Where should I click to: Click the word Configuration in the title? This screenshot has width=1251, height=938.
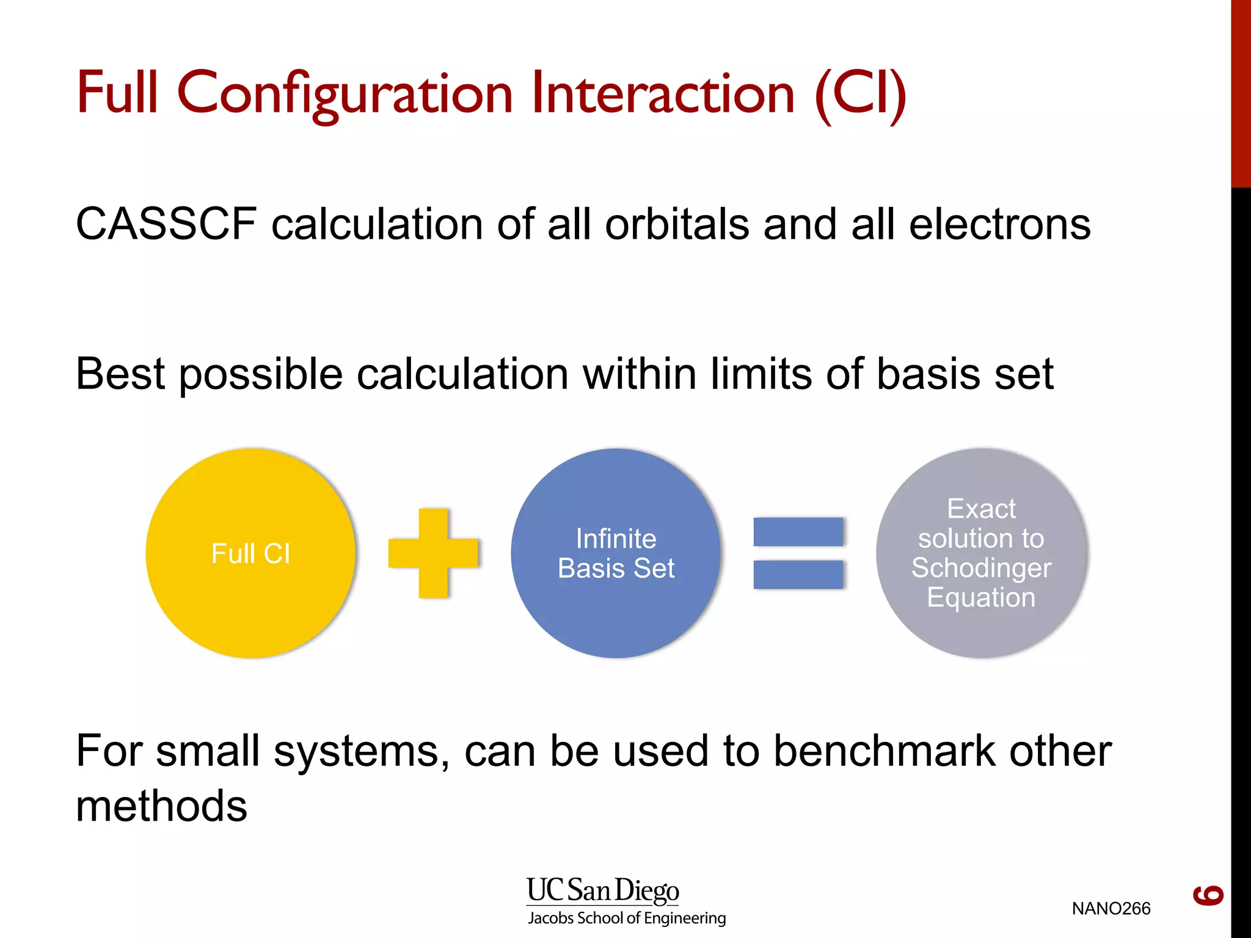point(345,93)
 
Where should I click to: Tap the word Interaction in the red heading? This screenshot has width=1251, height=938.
point(663,93)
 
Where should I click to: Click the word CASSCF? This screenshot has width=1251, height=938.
point(166,224)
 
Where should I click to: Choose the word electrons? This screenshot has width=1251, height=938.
point(999,225)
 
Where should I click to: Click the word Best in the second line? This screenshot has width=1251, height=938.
point(120,373)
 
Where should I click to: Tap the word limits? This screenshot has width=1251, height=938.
point(761,373)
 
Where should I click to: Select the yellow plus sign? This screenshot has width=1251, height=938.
point(434,553)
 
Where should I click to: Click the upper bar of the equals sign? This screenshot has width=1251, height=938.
point(798,531)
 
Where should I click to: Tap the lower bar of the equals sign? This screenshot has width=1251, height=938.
point(798,575)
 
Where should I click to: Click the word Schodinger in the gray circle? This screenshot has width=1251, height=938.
point(981,568)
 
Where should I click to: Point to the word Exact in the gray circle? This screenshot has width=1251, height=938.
point(981,509)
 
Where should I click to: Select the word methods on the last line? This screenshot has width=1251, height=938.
point(161,806)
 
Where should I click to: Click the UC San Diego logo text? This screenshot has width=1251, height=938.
point(602,890)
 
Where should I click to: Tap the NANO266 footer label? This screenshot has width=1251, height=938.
point(1111,909)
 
